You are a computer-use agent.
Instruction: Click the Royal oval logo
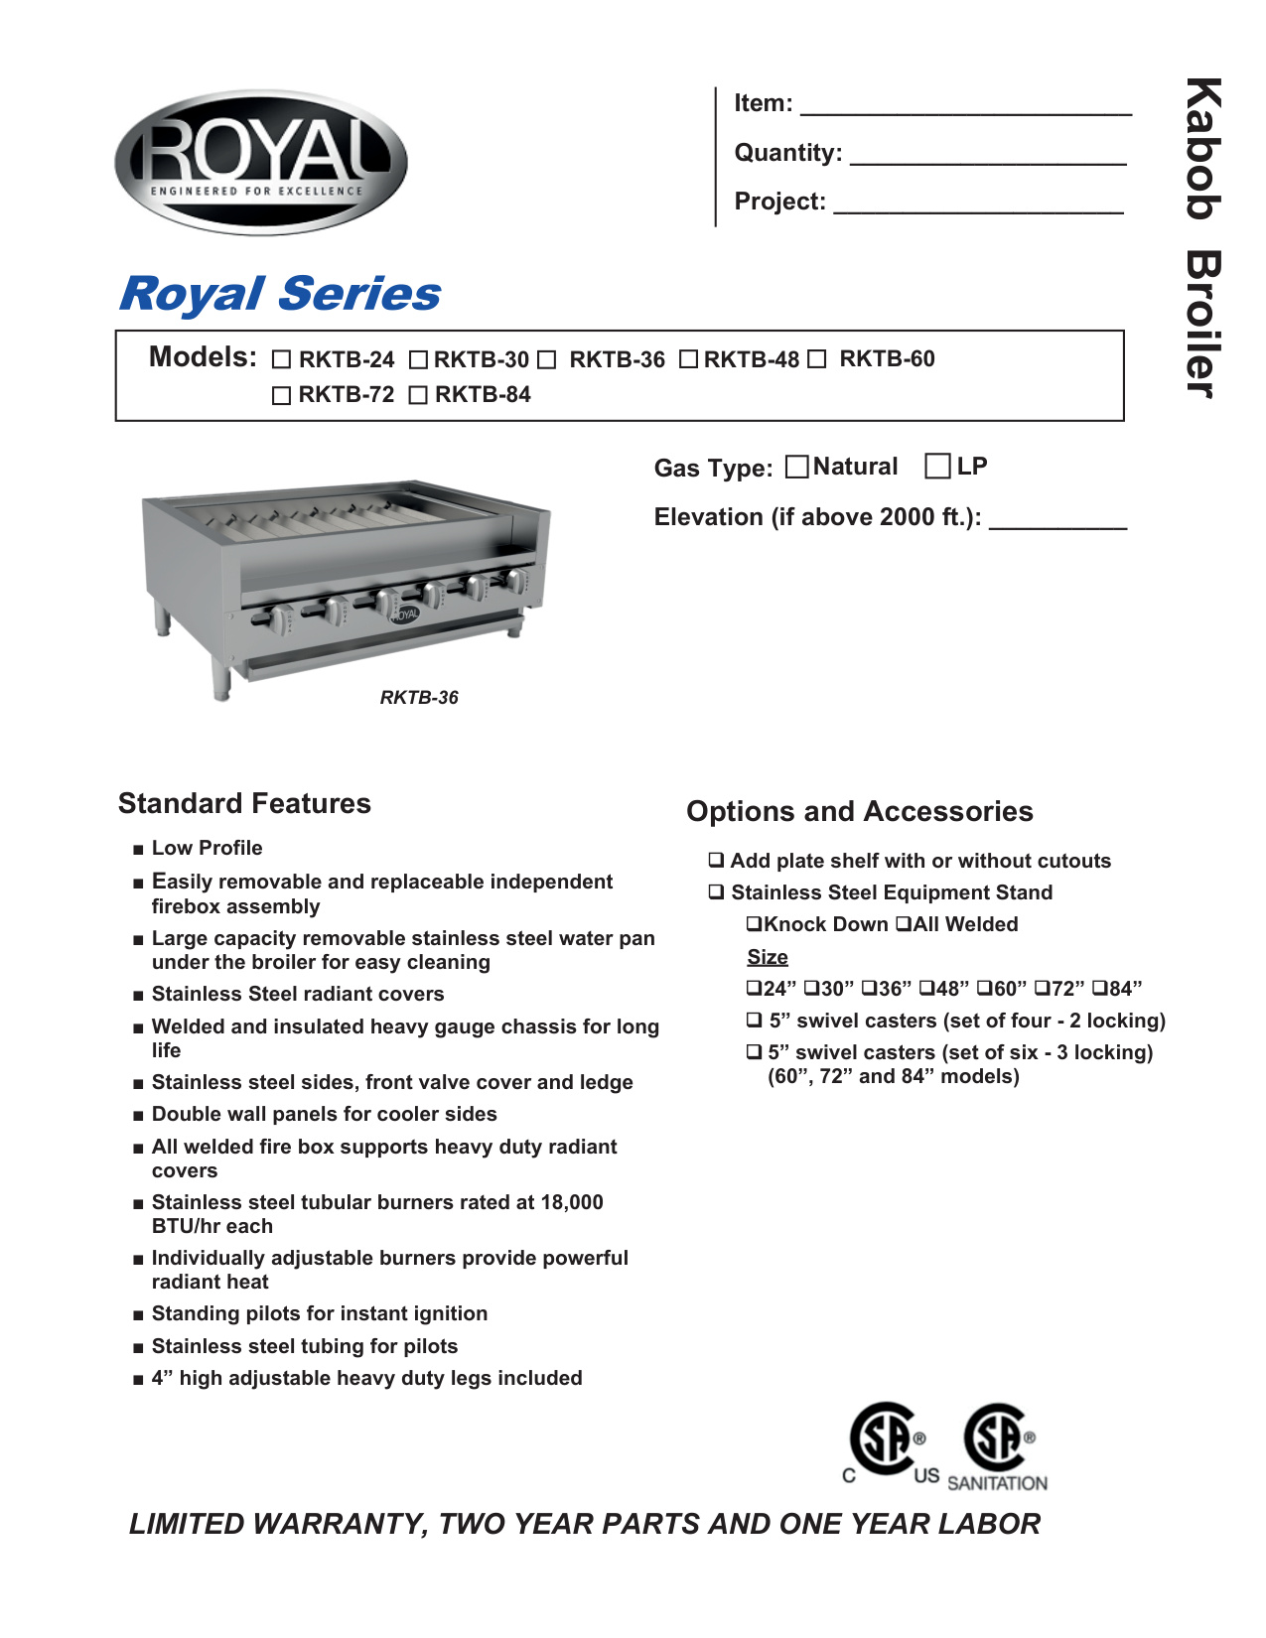(261, 162)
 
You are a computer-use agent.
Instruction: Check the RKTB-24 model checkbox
(282, 360)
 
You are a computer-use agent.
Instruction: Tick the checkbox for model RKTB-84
(418, 396)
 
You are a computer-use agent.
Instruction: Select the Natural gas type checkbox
(796, 467)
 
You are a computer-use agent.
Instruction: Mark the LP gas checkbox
(936, 467)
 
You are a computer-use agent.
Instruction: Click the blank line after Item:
(965, 107)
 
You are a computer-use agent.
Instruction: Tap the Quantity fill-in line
(988, 157)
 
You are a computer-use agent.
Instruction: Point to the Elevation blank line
(1057, 521)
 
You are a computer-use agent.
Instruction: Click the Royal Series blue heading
(280, 294)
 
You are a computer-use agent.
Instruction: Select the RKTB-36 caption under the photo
(419, 698)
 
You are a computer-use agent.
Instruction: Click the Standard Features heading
(244, 803)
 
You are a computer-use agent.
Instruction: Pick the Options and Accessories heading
(859, 811)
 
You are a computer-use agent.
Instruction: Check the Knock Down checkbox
(755, 924)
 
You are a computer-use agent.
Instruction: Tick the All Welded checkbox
(904, 924)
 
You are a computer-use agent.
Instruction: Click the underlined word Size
(768, 957)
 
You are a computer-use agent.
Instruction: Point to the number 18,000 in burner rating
(572, 1202)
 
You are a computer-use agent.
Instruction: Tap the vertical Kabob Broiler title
(1202, 238)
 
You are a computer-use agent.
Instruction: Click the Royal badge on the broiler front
(404, 614)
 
